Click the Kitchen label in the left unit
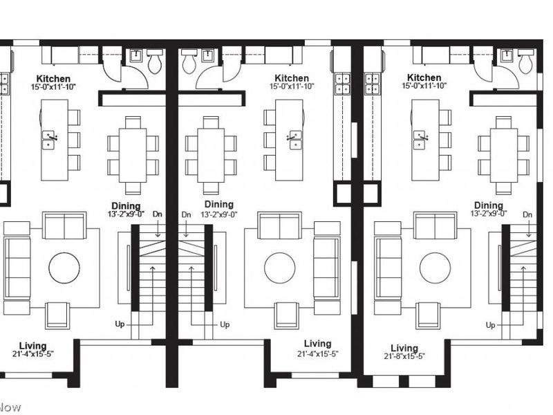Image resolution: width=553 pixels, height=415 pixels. [x=54, y=79]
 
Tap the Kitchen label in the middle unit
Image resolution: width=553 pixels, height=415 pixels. [x=292, y=78]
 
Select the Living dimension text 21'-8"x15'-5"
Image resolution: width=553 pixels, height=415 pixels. [x=404, y=356]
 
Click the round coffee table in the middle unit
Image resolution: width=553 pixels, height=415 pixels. [x=280, y=268]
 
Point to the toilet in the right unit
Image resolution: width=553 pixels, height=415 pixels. [x=526, y=61]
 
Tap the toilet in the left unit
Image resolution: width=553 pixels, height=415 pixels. [x=154, y=61]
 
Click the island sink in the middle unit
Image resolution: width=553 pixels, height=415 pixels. [x=295, y=140]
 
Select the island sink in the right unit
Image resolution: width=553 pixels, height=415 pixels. [x=420, y=140]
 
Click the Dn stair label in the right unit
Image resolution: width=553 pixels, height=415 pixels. [x=527, y=214]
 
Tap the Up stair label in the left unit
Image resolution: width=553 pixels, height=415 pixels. [x=120, y=324]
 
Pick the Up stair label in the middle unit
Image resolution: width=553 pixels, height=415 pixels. [x=225, y=324]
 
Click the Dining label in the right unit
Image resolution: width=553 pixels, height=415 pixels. [x=489, y=205]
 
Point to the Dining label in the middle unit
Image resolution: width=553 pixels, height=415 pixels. [x=218, y=204]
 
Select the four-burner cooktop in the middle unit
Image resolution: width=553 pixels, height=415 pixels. [x=342, y=84]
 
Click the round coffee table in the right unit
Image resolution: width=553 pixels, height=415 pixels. [x=435, y=268]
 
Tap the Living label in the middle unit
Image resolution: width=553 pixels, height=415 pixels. [x=317, y=344]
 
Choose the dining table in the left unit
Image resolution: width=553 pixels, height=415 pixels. [x=133, y=155]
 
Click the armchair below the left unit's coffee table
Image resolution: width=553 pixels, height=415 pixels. [x=57, y=315]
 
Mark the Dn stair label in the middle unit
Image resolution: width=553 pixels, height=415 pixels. [x=186, y=214]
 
